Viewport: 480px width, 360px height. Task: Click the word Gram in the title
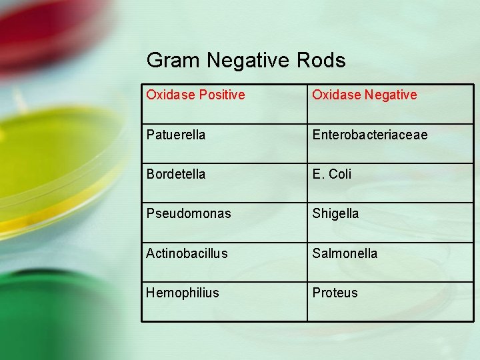coord(173,61)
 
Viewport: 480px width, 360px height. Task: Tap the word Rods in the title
coord(322,61)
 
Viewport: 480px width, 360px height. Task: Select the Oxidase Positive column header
coord(195,95)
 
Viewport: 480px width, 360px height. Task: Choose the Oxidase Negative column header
coord(365,95)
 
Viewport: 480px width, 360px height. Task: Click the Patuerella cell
coord(176,135)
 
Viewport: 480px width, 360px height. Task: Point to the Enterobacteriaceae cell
coord(370,135)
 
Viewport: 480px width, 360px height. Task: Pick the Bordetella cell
coord(177,174)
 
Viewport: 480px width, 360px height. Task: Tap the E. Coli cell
coord(331,174)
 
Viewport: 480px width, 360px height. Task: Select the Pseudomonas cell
coord(189,213)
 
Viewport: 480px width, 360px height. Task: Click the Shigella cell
coord(335,213)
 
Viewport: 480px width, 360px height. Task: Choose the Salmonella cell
coord(345,253)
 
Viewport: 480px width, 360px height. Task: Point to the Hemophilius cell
coord(183,293)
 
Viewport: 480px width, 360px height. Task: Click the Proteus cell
coord(335,293)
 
